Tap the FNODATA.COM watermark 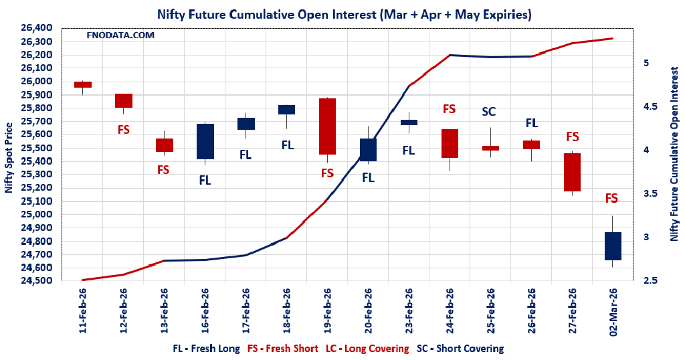[x=120, y=35]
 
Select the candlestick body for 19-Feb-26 [x=327, y=126]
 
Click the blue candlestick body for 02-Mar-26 [x=613, y=246]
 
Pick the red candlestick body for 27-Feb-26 [x=572, y=173]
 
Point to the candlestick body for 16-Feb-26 [x=205, y=141]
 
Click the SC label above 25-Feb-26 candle [x=490, y=112]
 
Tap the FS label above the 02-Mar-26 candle [x=611, y=198]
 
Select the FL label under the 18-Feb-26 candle [x=287, y=145]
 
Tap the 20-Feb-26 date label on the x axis [x=369, y=310]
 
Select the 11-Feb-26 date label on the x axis [x=83, y=310]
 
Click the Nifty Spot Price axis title [x=9, y=158]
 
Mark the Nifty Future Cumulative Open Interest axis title [x=674, y=158]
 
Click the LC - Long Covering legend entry [x=367, y=349]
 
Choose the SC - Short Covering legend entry [x=460, y=349]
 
